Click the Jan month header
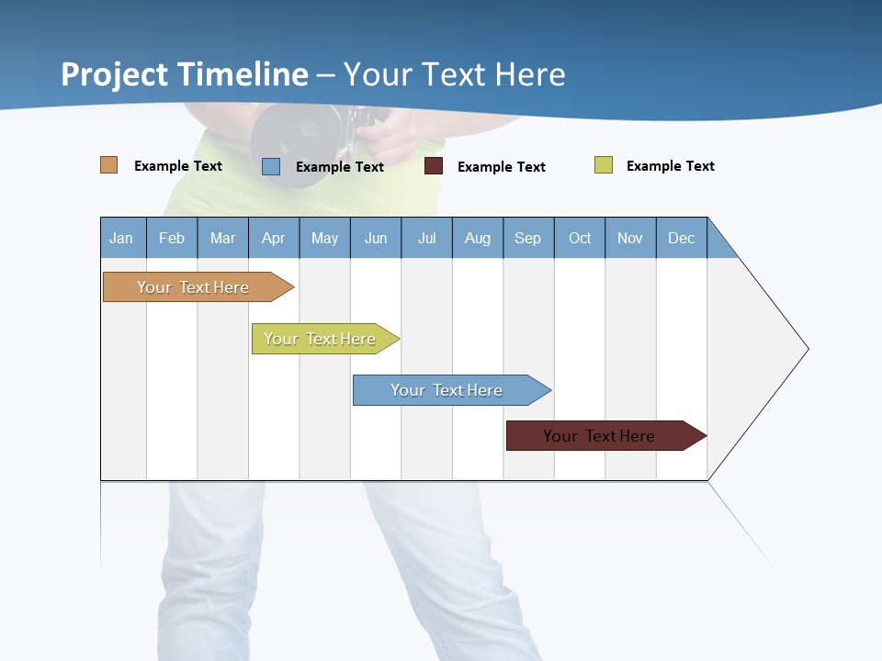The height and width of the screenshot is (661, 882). coord(122,238)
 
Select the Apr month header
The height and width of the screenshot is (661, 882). coord(274,238)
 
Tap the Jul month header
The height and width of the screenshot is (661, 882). coord(426,238)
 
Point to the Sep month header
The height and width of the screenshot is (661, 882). coord(528,238)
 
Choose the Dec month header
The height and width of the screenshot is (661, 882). coord(681,238)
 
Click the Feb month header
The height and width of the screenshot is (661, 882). coord(172,238)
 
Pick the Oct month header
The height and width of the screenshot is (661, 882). coord(580,238)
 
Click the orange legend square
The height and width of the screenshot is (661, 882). coord(109,165)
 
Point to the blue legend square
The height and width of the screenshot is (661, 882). coord(271,166)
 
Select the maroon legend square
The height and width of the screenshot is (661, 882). coord(434,166)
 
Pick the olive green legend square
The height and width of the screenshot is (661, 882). coord(604,165)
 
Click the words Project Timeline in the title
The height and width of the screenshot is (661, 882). coord(185,74)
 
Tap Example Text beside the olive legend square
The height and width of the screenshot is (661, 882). coord(670,166)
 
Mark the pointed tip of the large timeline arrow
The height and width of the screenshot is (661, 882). coord(807,349)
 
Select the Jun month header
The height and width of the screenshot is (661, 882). coord(376,238)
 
